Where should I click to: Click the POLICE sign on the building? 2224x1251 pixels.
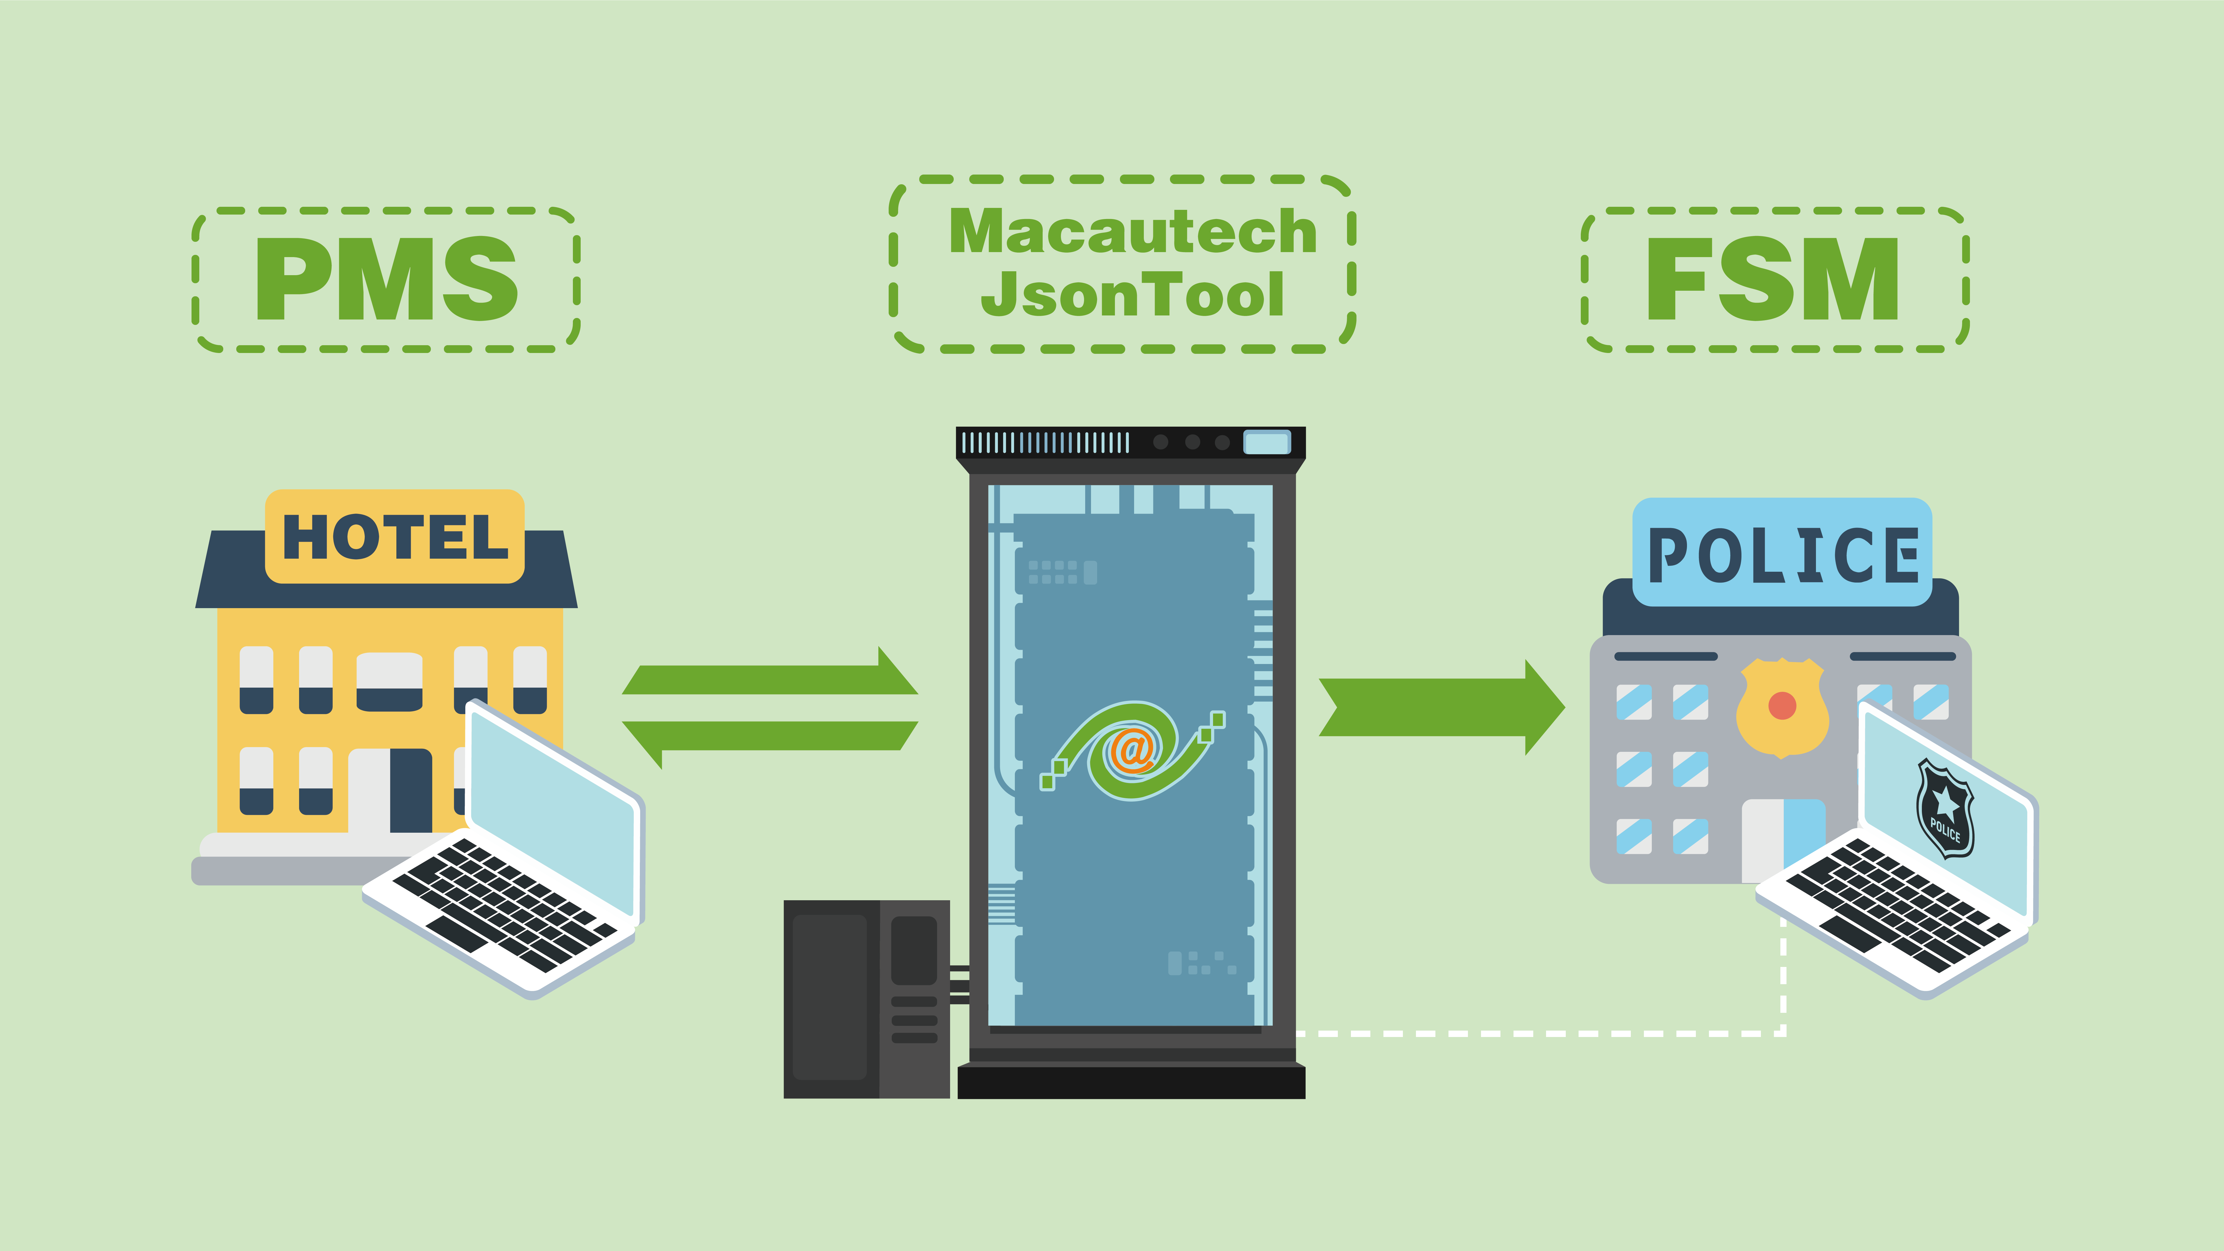click(x=1782, y=553)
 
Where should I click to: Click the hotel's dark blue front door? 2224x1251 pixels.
click(x=411, y=790)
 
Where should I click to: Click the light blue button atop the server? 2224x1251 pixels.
click(x=1266, y=443)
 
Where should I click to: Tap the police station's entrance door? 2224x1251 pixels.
click(x=1784, y=839)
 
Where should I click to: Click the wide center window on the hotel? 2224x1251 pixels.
click(x=389, y=681)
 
